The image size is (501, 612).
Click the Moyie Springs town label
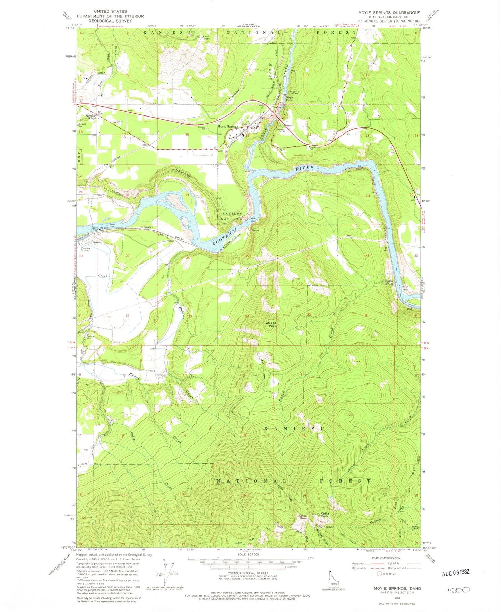tap(228, 126)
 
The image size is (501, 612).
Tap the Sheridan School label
tap(92, 117)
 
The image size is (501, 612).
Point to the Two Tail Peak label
tap(270, 324)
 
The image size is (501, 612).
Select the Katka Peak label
tap(325, 515)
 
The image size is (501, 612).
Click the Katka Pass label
tap(303, 517)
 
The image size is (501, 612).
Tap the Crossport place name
tap(147, 227)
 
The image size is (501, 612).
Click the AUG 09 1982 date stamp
tap(456, 572)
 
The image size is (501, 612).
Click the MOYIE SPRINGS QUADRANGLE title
tap(389, 12)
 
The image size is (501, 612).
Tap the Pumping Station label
tap(85, 249)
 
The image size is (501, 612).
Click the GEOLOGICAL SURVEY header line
tap(110, 20)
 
